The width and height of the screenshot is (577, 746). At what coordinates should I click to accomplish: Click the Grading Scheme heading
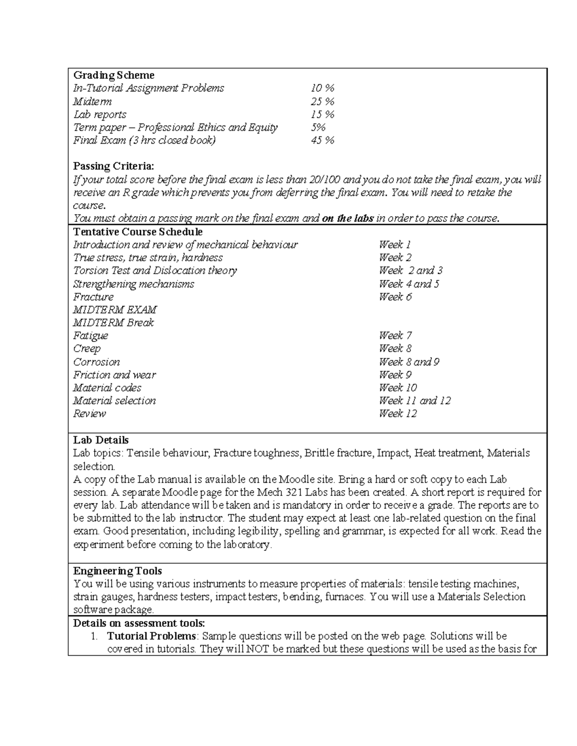tap(113, 75)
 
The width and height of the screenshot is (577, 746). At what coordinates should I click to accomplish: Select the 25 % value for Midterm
tap(322, 101)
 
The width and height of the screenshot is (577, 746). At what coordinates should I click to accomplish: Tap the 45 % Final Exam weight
tap(322, 140)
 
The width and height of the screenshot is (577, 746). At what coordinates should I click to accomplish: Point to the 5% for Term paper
tap(318, 127)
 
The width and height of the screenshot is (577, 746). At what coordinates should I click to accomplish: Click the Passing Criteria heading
tap(113, 166)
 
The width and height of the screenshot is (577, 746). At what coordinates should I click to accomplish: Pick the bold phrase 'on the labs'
tap(348, 219)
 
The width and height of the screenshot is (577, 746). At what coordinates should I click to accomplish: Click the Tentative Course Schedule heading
tap(138, 232)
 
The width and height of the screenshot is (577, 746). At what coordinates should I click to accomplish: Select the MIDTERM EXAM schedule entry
tap(114, 310)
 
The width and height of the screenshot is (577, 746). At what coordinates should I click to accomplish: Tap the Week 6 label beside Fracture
tap(395, 297)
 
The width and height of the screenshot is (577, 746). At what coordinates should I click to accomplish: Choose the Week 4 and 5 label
tap(409, 284)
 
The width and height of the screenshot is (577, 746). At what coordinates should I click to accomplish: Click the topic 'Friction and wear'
tap(114, 375)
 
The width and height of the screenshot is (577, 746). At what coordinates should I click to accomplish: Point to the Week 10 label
tap(398, 388)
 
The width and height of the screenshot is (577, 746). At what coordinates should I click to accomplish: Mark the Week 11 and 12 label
tap(414, 401)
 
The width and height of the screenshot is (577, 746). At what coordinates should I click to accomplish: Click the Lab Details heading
tap(101, 440)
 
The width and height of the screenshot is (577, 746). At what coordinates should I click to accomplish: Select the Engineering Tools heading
tap(117, 571)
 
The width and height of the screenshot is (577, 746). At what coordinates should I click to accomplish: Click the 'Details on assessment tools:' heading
tap(139, 624)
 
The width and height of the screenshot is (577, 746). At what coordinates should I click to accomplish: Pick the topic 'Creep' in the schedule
tap(87, 349)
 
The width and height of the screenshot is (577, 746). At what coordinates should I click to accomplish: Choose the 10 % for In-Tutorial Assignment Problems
tap(322, 88)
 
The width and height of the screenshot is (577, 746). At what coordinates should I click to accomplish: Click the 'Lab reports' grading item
tap(100, 114)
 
